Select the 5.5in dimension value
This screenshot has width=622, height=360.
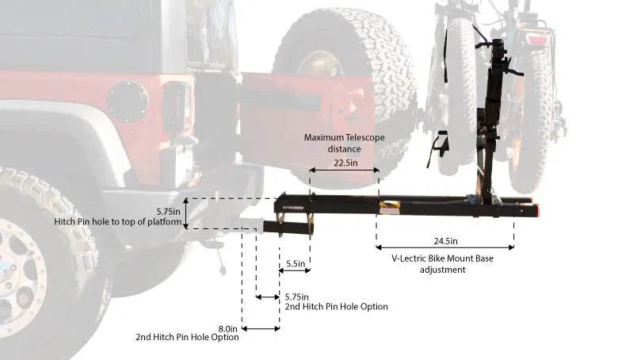(x=294, y=262)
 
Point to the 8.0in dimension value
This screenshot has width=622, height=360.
(x=227, y=327)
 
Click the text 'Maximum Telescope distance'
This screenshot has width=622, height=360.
(x=344, y=143)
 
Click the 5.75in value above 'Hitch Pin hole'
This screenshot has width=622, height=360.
(x=170, y=211)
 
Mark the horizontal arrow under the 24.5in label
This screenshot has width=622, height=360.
(x=445, y=247)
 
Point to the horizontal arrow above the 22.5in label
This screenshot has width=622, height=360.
(x=344, y=170)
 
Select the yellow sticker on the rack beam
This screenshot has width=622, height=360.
(x=389, y=207)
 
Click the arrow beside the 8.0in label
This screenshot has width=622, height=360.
(x=261, y=327)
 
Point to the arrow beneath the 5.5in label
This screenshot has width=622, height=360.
(x=294, y=271)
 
